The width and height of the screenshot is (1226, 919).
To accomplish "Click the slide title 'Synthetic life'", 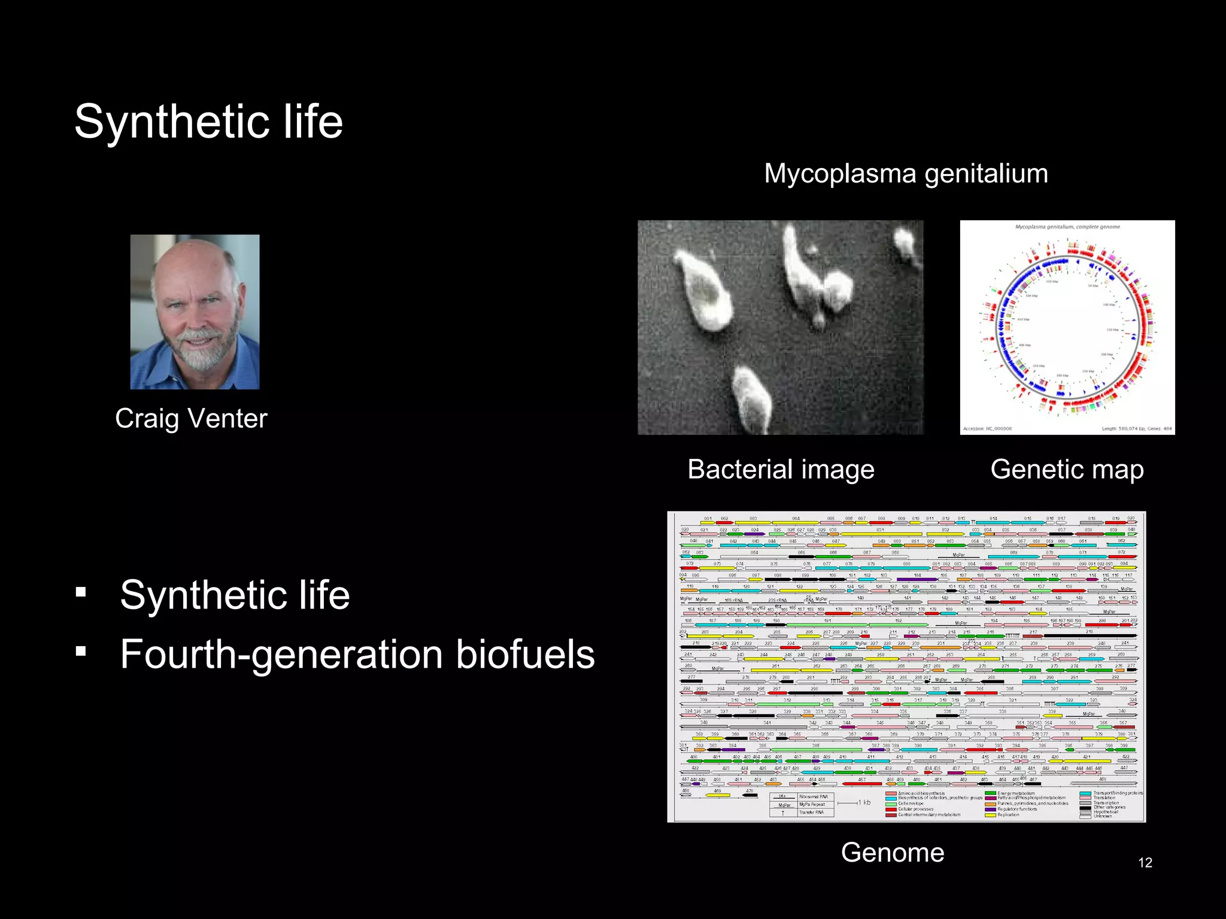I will [x=208, y=121].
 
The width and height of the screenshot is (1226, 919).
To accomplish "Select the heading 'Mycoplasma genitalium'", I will [x=906, y=174].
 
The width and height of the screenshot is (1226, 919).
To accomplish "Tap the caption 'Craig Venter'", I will [x=191, y=418].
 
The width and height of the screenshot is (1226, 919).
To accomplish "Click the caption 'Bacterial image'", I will [x=781, y=469].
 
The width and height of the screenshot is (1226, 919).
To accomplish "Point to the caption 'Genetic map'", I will [x=1067, y=469].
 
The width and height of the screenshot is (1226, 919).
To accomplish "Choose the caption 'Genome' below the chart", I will [x=892, y=852].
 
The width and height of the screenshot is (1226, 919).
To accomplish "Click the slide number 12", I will [x=1145, y=862].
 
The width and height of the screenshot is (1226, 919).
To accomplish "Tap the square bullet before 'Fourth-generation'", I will [x=81, y=651].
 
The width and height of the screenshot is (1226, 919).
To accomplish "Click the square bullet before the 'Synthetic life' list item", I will [x=81, y=592].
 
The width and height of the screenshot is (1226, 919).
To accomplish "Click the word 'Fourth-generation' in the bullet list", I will [x=281, y=654].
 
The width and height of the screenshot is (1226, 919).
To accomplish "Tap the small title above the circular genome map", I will [x=1067, y=227].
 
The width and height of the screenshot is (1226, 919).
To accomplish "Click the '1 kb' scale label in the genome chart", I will [x=864, y=802].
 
